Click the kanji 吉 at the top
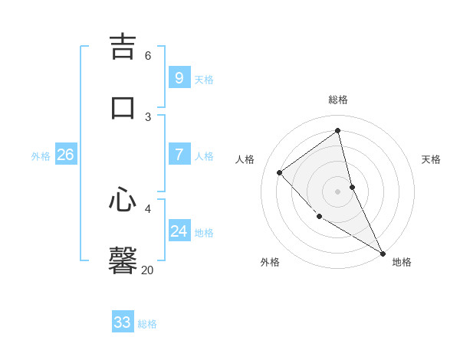(123, 46)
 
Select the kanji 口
(123, 106)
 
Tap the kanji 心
(123, 200)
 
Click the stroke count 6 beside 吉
(148, 56)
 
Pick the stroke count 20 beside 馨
(147, 270)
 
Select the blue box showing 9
(179, 77)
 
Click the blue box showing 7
(179, 155)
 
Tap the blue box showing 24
(179, 231)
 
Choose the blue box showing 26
(65, 155)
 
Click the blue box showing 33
(122, 322)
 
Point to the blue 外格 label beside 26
(41, 156)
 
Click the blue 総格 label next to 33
(147, 324)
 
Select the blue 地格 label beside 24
(204, 233)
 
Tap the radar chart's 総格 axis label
(337, 100)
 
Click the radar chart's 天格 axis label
(431, 159)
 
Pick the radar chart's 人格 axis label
(245, 159)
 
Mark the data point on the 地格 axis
(383, 254)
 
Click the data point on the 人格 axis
(280, 172)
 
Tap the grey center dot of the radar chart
(337, 191)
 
